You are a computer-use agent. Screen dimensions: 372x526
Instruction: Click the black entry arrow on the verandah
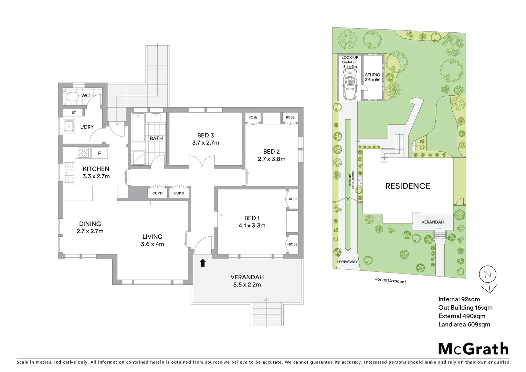coord(203,263)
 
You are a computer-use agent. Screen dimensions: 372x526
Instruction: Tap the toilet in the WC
coord(72,96)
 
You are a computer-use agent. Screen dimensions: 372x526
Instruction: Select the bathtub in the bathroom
coord(138,127)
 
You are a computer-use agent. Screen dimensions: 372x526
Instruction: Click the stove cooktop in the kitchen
coord(83,153)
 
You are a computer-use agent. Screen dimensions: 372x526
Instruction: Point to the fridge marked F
coord(99,153)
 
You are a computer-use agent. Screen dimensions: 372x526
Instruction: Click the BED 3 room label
coord(206,135)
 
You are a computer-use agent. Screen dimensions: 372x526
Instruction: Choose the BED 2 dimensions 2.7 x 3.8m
coord(271,159)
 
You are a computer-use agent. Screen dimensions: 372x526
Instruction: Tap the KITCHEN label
coord(96,169)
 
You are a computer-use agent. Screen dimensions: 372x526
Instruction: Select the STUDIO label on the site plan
coord(372,75)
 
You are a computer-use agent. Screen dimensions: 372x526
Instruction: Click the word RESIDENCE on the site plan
coord(408,186)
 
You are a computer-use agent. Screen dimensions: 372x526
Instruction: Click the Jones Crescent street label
coord(390,280)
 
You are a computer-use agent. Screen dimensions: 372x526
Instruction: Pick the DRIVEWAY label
coord(348,262)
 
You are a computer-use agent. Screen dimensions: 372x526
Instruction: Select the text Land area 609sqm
coord(464,324)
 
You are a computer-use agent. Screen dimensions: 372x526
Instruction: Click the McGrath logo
coord(473,349)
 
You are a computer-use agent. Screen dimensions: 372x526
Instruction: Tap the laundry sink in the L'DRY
coord(69,126)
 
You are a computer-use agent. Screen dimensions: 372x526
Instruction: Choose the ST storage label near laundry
coord(74,113)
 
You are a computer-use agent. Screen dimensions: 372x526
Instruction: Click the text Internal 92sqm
coord(459,299)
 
